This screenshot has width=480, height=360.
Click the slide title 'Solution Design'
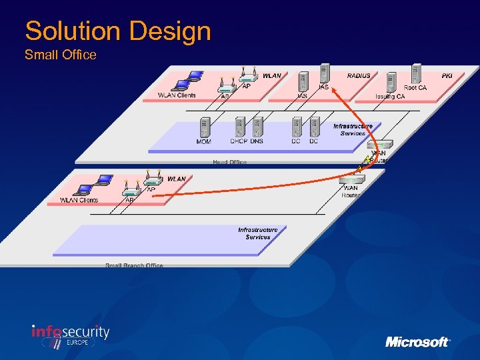click(x=118, y=31)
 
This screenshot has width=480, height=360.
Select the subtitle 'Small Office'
click(x=61, y=55)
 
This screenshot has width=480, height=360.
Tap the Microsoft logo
click(x=417, y=341)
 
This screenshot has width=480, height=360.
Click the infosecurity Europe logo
click(x=71, y=335)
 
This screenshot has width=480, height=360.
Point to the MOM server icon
click(x=205, y=127)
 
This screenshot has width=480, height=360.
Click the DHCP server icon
click(x=239, y=127)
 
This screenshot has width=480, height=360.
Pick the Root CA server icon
click(x=417, y=75)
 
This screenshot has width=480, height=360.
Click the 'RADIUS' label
click(x=359, y=76)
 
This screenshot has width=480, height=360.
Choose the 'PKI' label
click(x=447, y=76)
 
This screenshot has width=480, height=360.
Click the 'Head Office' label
click(x=229, y=162)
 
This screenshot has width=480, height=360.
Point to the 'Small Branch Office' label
click(x=134, y=265)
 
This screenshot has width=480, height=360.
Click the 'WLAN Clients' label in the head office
click(x=177, y=95)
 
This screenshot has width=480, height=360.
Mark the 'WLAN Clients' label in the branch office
click(x=79, y=200)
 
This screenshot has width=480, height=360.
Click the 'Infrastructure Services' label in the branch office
click(x=257, y=233)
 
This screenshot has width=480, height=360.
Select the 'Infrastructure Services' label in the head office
click(x=353, y=129)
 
